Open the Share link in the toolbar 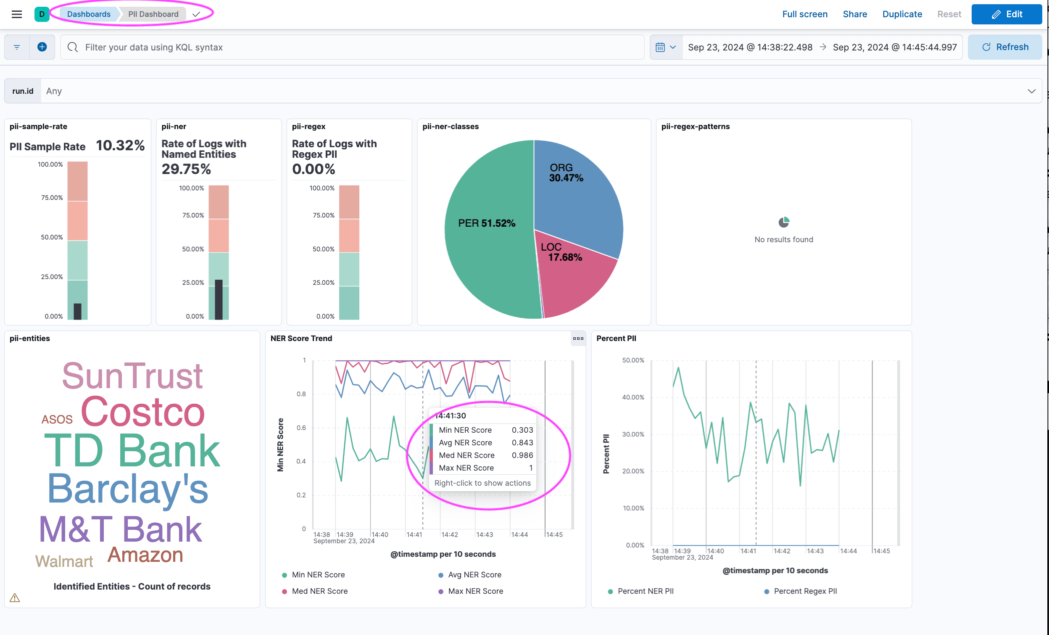tap(854, 14)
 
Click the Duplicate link tap(902, 14)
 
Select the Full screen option tap(805, 14)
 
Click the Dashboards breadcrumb tap(89, 14)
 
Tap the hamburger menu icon tap(17, 14)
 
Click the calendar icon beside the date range tap(660, 47)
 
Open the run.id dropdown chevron tap(1031, 91)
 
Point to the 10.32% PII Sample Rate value tap(120, 146)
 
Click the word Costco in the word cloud tap(142, 412)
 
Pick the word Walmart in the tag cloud tap(64, 561)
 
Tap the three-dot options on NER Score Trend tap(578, 339)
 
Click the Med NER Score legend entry tap(319, 591)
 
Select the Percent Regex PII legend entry tap(805, 591)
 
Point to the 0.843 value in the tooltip tap(522, 442)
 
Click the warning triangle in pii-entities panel tap(15, 598)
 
